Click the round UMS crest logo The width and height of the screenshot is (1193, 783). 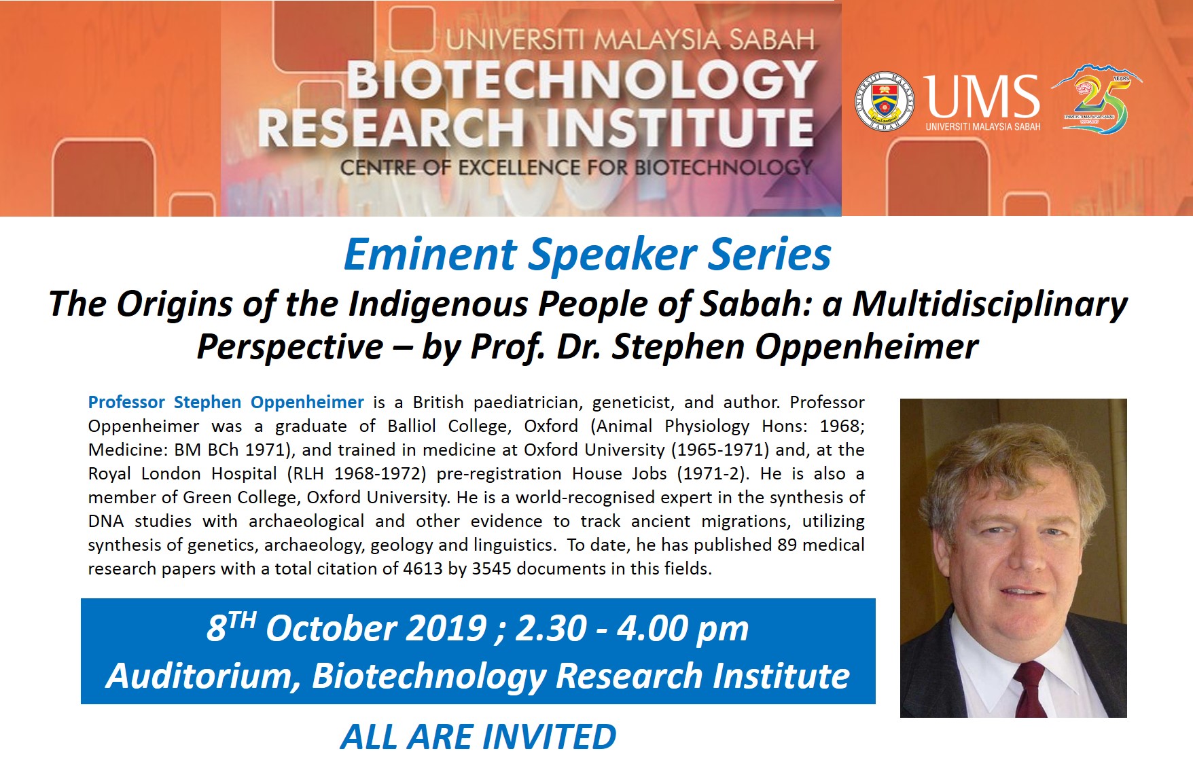click(x=884, y=101)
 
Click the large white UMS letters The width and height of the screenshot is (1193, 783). click(x=982, y=96)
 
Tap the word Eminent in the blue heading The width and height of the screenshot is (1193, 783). click(x=431, y=255)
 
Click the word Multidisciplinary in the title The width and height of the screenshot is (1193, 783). click(x=990, y=304)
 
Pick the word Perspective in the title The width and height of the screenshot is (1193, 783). click(x=290, y=347)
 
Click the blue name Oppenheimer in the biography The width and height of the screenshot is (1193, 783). click(x=307, y=403)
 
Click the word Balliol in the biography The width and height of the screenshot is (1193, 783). click(x=412, y=426)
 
